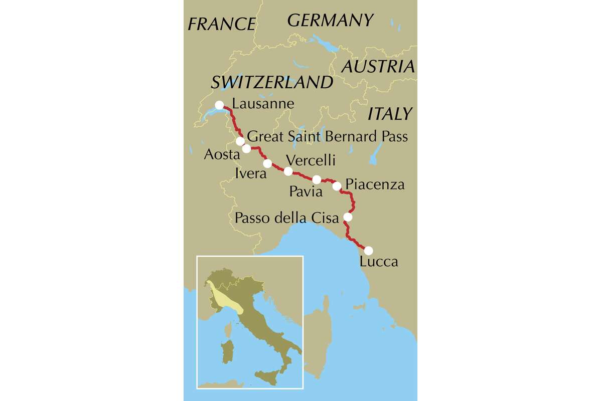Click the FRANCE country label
click(221, 24)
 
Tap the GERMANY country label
click(331, 20)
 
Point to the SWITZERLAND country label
click(272, 82)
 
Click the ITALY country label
click(390, 114)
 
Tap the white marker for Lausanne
click(219, 105)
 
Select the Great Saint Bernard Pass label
click(328, 136)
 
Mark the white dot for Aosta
click(246, 148)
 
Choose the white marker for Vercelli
click(288, 171)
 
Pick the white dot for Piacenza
click(337, 186)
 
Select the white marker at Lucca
click(368, 251)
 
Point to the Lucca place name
click(379, 261)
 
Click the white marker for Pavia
click(317, 179)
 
